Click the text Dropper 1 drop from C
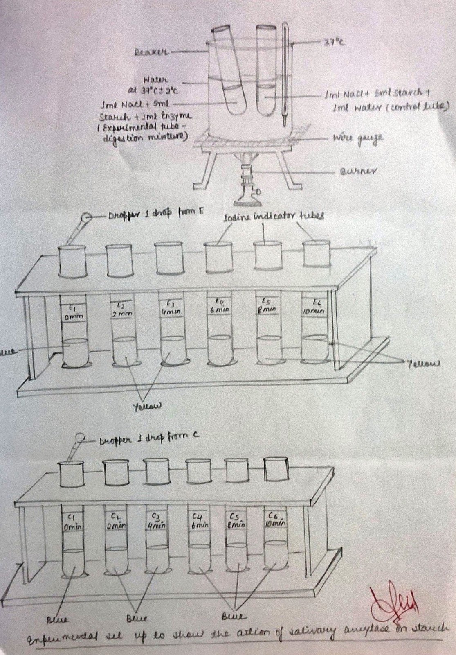(x=148, y=440)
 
